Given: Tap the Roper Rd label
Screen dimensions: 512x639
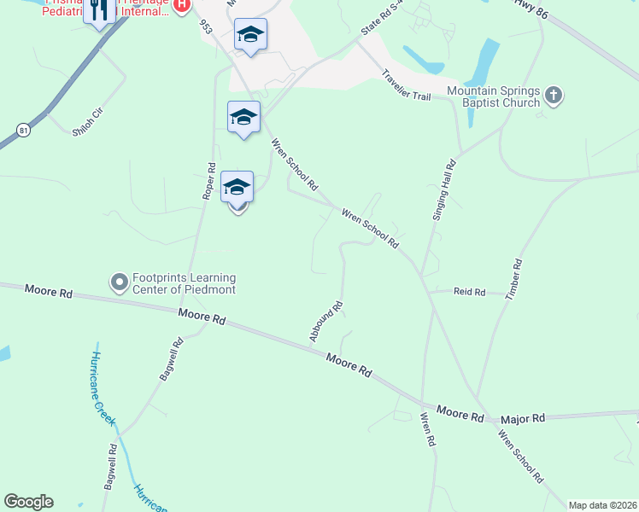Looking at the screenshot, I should click(206, 180).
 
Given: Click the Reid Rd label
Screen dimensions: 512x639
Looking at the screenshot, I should click(469, 292).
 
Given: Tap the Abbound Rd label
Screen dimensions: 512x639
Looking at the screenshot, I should click(326, 322).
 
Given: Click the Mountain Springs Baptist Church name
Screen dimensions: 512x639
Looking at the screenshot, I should click(494, 96).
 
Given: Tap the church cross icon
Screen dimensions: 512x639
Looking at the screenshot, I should click(554, 96).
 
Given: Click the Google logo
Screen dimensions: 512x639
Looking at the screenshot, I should click(28, 502).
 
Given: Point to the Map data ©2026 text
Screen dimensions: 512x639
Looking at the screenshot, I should click(602, 505).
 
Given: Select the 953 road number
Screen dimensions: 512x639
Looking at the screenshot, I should click(206, 28).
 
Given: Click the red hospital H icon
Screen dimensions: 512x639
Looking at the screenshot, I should click(181, 5).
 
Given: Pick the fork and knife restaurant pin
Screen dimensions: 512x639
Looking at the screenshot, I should click(100, 10).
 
